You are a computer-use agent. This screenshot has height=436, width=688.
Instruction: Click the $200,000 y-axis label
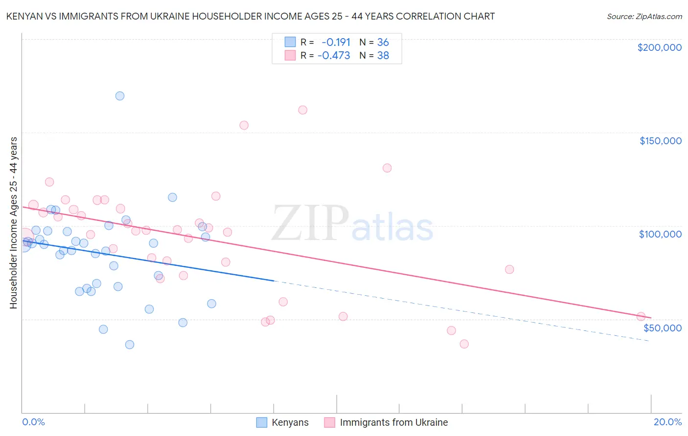click(x=659, y=47)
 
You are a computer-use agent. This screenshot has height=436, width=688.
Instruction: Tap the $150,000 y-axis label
click(x=660, y=141)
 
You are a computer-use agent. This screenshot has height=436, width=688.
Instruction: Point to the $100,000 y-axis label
click(x=660, y=234)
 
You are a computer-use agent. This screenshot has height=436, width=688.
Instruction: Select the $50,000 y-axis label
click(x=662, y=327)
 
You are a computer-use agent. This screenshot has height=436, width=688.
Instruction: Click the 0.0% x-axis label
click(x=33, y=422)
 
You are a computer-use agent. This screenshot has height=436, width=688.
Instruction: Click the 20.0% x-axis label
click(x=667, y=422)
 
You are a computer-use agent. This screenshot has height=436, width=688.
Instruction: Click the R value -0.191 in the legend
click(x=336, y=42)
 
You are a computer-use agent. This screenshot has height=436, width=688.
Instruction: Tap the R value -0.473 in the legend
click(x=334, y=56)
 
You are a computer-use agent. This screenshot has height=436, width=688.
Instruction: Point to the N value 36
click(x=383, y=42)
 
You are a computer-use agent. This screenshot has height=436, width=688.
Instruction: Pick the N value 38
click(x=383, y=56)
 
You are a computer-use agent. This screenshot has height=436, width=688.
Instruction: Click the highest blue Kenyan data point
click(x=120, y=96)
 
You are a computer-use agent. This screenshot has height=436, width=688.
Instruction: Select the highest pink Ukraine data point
click(x=303, y=110)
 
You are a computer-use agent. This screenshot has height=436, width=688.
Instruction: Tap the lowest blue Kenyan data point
click(x=130, y=345)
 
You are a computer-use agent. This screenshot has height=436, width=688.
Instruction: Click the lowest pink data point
click(x=464, y=344)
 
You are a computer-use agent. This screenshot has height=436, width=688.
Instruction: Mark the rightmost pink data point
click(x=641, y=317)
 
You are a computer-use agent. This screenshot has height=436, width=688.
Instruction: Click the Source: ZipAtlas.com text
click(x=644, y=17)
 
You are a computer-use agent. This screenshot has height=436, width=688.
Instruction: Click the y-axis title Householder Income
click(x=13, y=223)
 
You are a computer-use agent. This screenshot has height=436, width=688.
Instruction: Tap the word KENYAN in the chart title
click(x=23, y=16)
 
